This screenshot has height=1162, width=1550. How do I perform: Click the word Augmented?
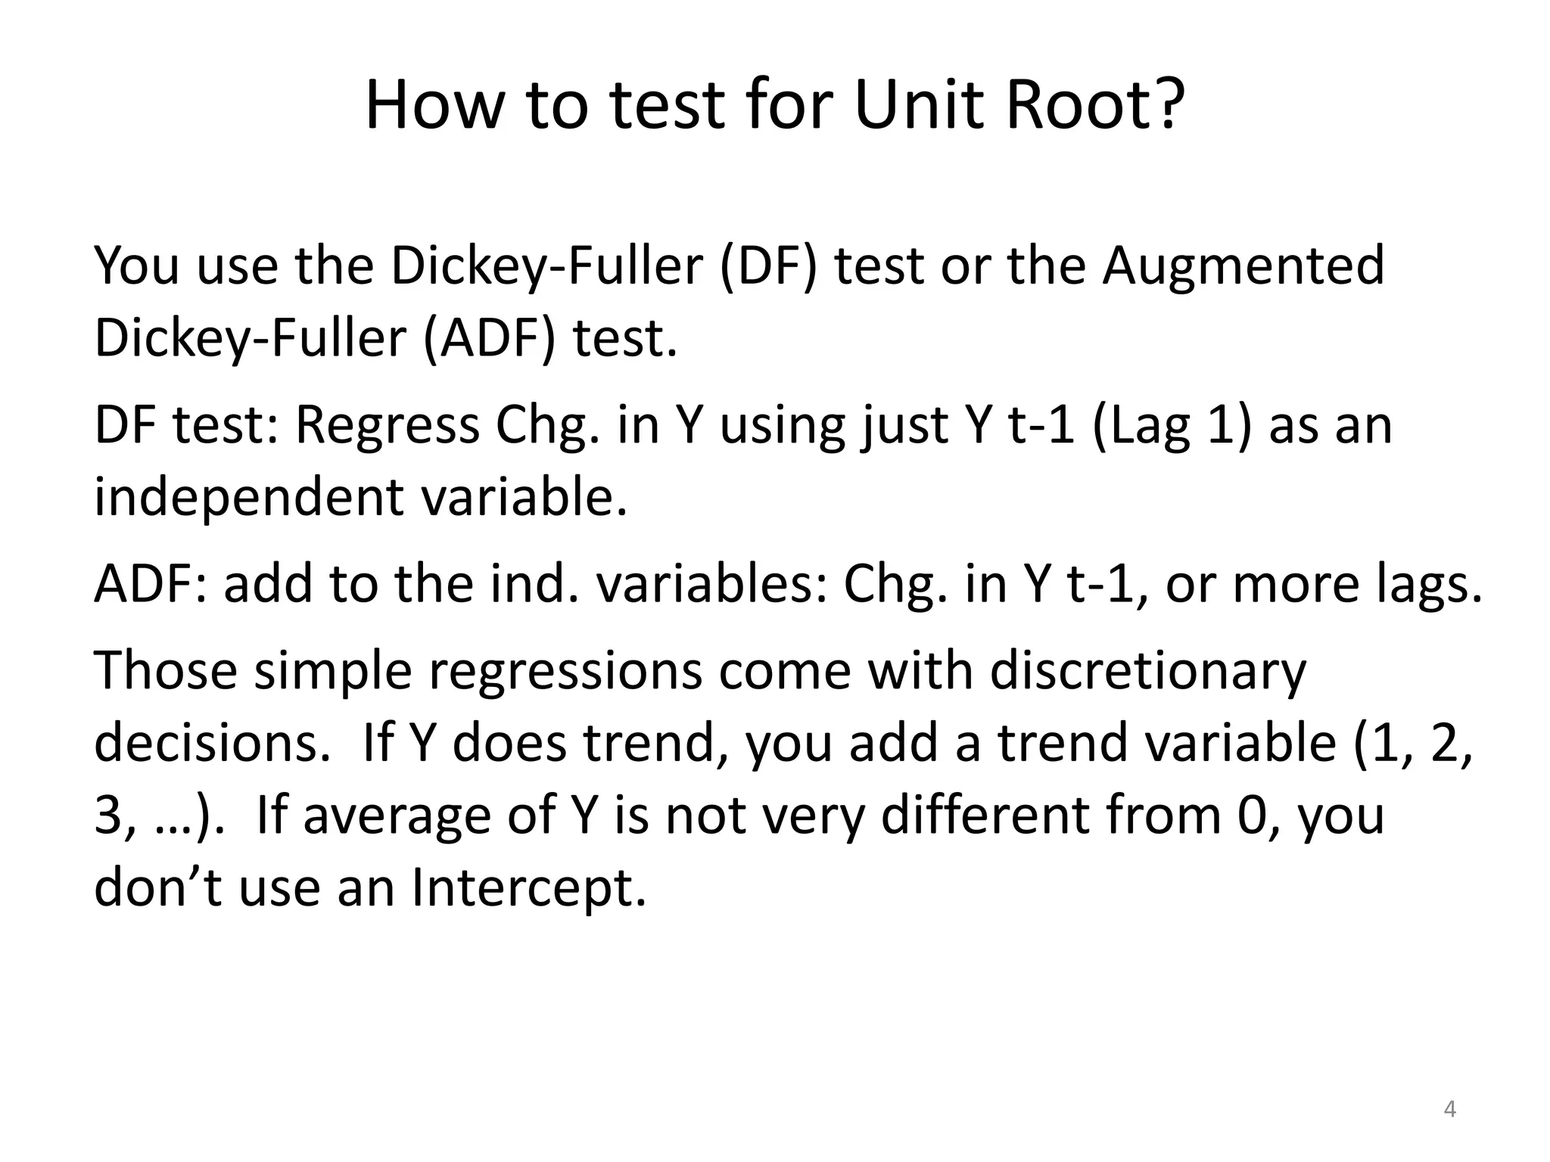point(1243,266)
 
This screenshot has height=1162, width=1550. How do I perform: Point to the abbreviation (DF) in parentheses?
point(768,266)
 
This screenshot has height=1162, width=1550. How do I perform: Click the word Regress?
point(387,426)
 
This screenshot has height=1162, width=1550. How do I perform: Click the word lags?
point(1430,584)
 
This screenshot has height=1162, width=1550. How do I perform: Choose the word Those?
point(166,671)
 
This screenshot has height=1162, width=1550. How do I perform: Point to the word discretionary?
point(1147,671)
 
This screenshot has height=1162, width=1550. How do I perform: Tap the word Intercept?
point(529,887)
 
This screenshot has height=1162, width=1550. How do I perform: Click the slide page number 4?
point(1449,1109)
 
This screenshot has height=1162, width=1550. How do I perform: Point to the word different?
point(985,816)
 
